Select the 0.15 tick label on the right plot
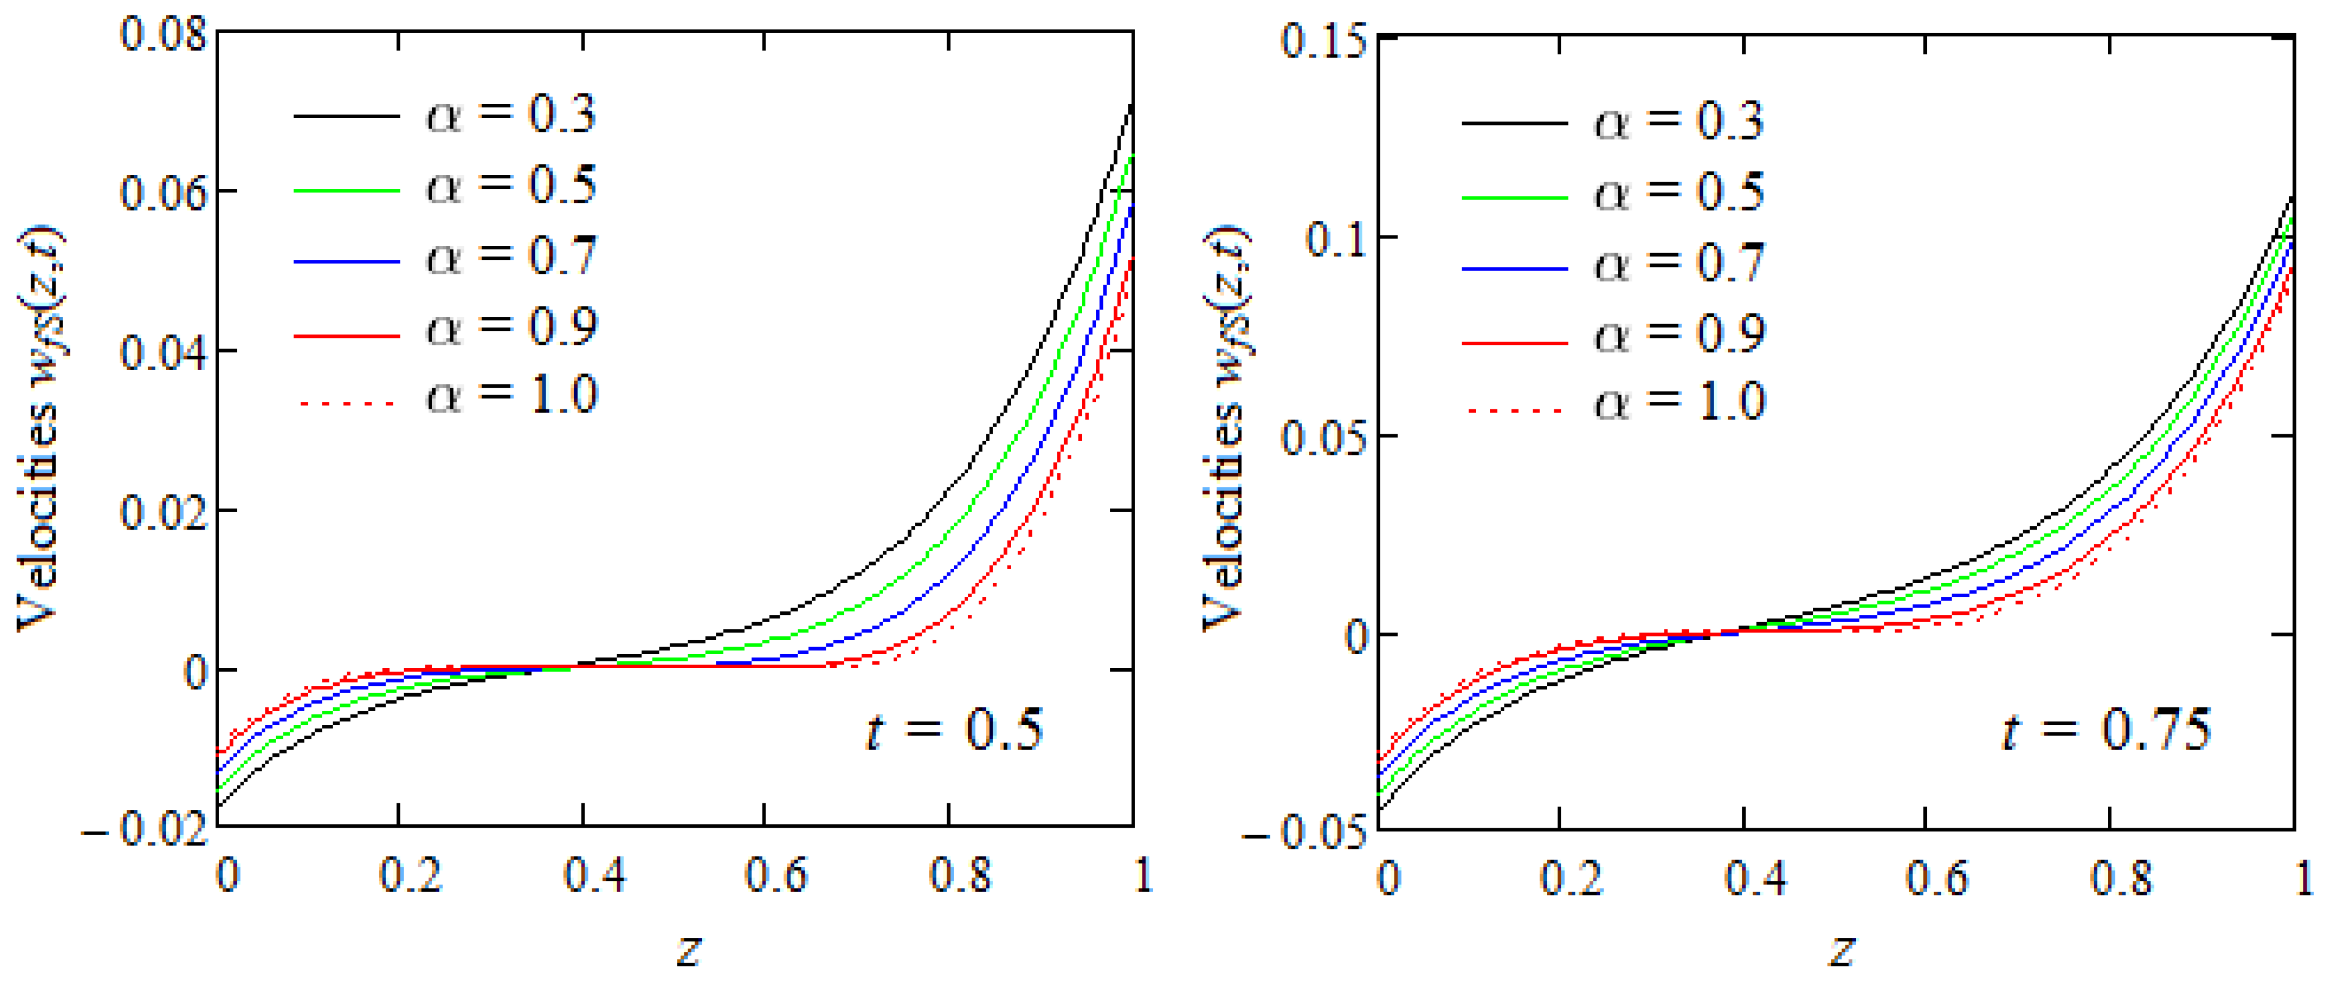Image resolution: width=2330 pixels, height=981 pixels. click(1323, 41)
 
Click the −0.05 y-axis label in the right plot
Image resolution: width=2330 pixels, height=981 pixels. click(1305, 833)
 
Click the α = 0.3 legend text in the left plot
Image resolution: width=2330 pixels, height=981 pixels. click(511, 115)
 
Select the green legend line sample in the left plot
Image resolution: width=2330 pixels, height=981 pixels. click(346, 191)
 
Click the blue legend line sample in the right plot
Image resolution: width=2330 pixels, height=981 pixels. click(1514, 269)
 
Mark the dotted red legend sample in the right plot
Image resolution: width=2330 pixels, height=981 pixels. click(1514, 412)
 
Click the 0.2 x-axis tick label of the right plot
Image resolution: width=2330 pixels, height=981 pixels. click(1571, 877)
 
